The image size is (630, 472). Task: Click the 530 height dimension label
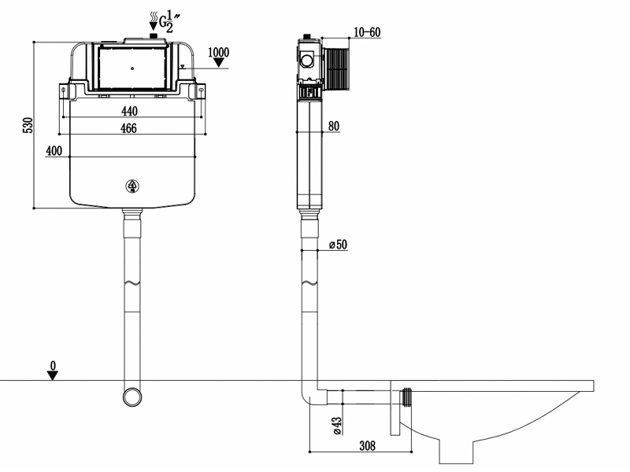pyautogui.click(x=28, y=125)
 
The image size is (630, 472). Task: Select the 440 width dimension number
pyautogui.click(x=129, y=111)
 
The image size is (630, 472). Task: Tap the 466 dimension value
pyautogui.click(x=128, y=128)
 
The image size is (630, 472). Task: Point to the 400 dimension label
pyautogui.click(x=54, y=151)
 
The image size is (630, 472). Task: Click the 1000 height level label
pyautogui.click(x=219, y=52)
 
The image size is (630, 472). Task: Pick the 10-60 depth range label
pyautogui.click(x=367, y=32)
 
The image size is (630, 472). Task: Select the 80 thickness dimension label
pyautogui.click(x=334, y=126)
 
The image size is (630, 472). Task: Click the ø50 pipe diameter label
pyautogui.click(x=338, y=245)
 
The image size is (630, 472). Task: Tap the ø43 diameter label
pyautogui.click(x=337, y=426)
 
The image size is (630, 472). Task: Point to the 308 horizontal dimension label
pyautogui.click(x=367, y=445)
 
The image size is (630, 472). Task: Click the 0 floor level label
pyautogui.click(x=53, y=366)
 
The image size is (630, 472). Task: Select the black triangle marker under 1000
pyautogui.click(x=219, y=63)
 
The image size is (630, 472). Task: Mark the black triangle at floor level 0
pyautogui.click(x=53, y=376)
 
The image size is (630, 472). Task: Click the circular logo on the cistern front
pyautogui.click(x=132, y=186)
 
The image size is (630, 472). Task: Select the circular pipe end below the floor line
pyautogui.click(x=132, y=397)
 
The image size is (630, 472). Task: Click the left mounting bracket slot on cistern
pyautogui.click(x=64, y=91)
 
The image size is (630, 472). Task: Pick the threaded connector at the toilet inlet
pyautogui.click(x=406, y=397)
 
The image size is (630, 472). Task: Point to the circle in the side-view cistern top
pyautogui.click(x=307, y=61)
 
